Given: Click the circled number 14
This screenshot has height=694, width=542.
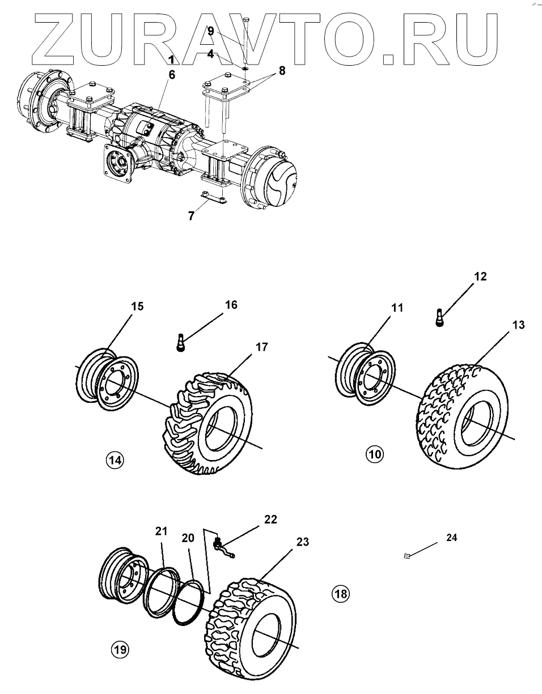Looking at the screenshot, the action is click(x=115, y=460).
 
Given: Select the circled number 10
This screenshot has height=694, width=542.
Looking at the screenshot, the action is click(x=375, y=454).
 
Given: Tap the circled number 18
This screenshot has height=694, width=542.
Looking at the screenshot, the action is click(x=341, y=594).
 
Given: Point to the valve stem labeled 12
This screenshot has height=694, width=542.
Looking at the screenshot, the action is click(x=440, y=317).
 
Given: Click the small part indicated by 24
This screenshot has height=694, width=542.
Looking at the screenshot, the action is click(x=407, y=556).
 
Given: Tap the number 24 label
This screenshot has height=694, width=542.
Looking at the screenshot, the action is click(x=451, y=538).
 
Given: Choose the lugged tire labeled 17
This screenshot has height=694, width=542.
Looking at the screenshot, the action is click(x=208, y=424).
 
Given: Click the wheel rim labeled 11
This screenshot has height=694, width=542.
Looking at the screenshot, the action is click(x=365, y=374).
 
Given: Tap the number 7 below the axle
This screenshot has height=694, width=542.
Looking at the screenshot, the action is click(x=191, y=216).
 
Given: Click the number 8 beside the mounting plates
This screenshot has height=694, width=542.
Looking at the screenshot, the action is click(x=282, y=71).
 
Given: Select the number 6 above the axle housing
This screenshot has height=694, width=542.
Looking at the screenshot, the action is click(x=172, y=75).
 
